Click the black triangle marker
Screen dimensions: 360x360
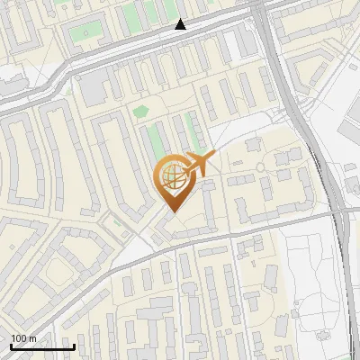181,24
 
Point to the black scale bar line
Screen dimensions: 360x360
42,347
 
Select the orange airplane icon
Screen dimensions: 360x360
195,165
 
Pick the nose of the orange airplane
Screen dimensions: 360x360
214,155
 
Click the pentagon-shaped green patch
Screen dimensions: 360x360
139,112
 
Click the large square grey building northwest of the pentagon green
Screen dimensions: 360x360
94,87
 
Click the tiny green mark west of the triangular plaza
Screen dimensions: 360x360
114,220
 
